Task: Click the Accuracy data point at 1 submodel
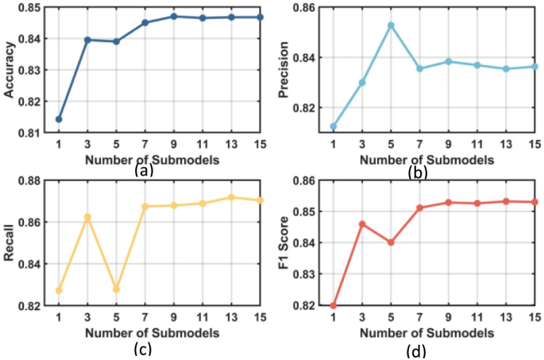pyautogui.click(x=59, y=119)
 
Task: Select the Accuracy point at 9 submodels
pyautogui.click(x=173, y=16)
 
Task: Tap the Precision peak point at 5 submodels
pyautogui.click(x=391, y=25)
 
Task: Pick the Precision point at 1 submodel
pyautogui.click(x=334, y=126)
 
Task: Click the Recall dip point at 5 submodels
pyautogui.click(x=116, y=289)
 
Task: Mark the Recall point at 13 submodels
pyautogui.click(x=231, y=197)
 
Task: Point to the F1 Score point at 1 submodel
pyautogui.click(x=334, y=306)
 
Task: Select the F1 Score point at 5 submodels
pyautogui.click(x=391, y=242)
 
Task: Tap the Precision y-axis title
pyautogui.click(x=285, y=70)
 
